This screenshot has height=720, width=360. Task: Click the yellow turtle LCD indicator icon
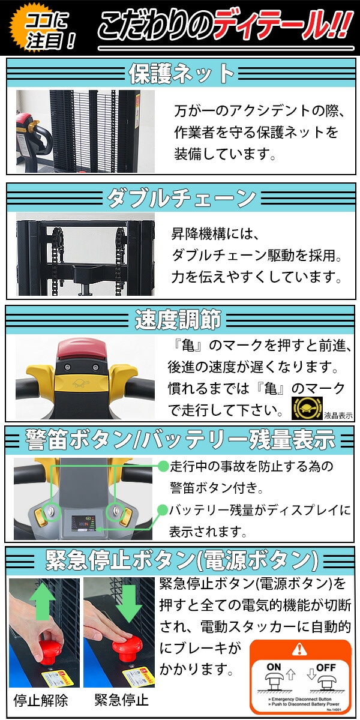coord(304,408)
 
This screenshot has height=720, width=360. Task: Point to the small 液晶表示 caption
coord(338,415)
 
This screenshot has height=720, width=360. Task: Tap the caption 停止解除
coord(41,700)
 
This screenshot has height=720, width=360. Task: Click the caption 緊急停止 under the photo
coord(121,700)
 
